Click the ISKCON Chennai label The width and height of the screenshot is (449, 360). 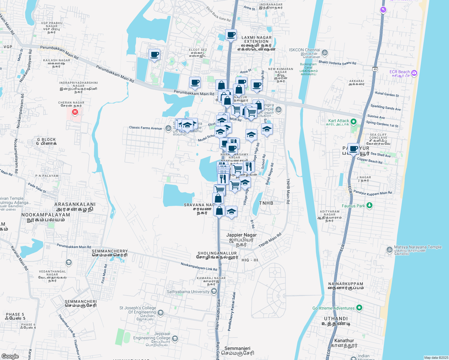click(x=304, y=50)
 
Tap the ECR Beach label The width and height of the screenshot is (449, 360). click(x=399, y=72)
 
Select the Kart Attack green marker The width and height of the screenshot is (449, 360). click(x=354, y=121)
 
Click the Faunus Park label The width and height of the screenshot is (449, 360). click(x=353, y=206)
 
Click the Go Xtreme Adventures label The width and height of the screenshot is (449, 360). click(x=333, y=308)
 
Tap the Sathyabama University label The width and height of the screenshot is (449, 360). click(x=188, y=292)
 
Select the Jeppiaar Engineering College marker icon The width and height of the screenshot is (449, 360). click(x=175, y=339)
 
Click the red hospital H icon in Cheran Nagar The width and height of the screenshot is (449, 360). click(x=75, y=112)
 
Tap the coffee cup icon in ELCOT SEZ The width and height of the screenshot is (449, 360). click(x=154, y=55)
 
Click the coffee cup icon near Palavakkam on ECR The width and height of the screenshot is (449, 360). click(x=353, y=149)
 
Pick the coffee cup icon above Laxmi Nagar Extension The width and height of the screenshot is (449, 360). click(x=231, y=35)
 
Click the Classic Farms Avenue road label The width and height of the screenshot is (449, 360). click(x=145, y=128)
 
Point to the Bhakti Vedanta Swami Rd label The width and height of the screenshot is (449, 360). click(x=337, y=63)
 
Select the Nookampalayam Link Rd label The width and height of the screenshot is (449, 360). click(x=199, y=266)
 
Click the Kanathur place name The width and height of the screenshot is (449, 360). click(x=344, y=340)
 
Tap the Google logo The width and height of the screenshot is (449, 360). click(x=10, y=356)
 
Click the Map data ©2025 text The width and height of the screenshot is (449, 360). click(x=436, y=358)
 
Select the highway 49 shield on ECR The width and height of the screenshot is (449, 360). click(x=375, y=69)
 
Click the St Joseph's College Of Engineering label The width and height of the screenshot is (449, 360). click(x=138, y=310)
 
